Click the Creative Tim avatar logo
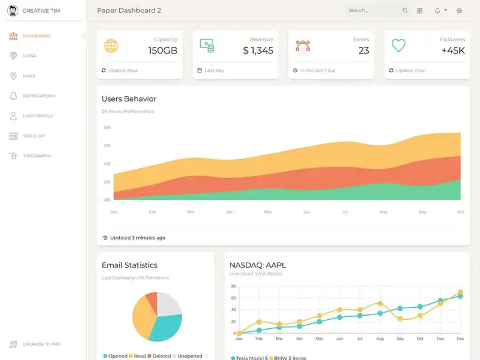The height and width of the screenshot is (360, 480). [x=13, y=10]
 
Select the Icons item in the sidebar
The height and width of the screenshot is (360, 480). [x=29, y=56]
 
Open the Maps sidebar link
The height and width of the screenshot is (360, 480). [x=29, y=76]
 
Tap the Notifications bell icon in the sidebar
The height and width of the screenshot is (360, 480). [x=13, y=96]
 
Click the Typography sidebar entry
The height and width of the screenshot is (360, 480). [x=37, y=156]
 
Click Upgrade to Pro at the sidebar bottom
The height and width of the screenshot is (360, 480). [x=41, y=344]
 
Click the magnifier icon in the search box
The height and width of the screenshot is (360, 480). [x=405, y=10]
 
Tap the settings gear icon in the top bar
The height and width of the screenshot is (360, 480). [x=459, y=10]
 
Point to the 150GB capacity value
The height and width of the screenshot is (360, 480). [x=162, y=50]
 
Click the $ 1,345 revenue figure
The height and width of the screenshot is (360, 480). [x=258, y=50]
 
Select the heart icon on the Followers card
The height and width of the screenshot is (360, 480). [x=398, y=45]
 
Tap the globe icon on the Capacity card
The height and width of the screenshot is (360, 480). [x=111, y=46]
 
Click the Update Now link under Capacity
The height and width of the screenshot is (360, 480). [x=123, y=71]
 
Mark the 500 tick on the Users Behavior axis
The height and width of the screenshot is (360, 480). [x=107, y=127]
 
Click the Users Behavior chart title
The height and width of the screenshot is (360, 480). [x=129, y=99]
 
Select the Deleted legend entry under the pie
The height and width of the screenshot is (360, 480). [x=159, y=356]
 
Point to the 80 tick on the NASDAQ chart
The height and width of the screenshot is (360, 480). [x=233, y=286]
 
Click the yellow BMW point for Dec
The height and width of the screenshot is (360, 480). [x=460, y=292]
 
